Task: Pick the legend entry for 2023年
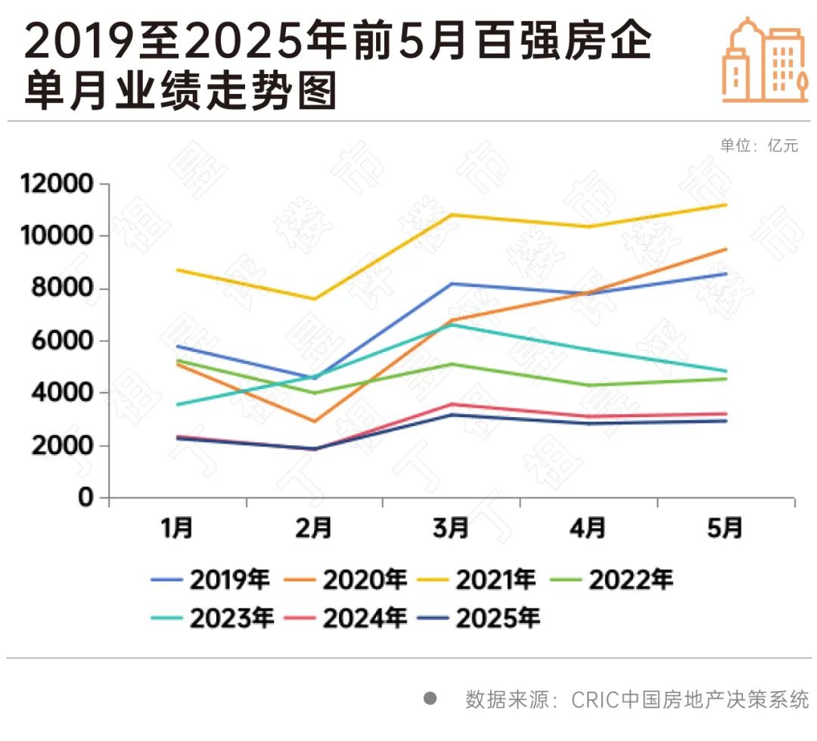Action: pos(211,618)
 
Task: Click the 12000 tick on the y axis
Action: pos(57,184)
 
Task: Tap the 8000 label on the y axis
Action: pos(64,289)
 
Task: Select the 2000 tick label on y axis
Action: pos(64,446)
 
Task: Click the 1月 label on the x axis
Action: pos(177,528)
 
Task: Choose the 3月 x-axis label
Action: pos(451,528)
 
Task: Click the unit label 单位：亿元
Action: pos(759,146)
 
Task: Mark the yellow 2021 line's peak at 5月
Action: pos(725,204)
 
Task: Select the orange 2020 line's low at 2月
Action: pos(315,422)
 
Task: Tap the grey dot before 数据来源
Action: pos(430,699)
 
